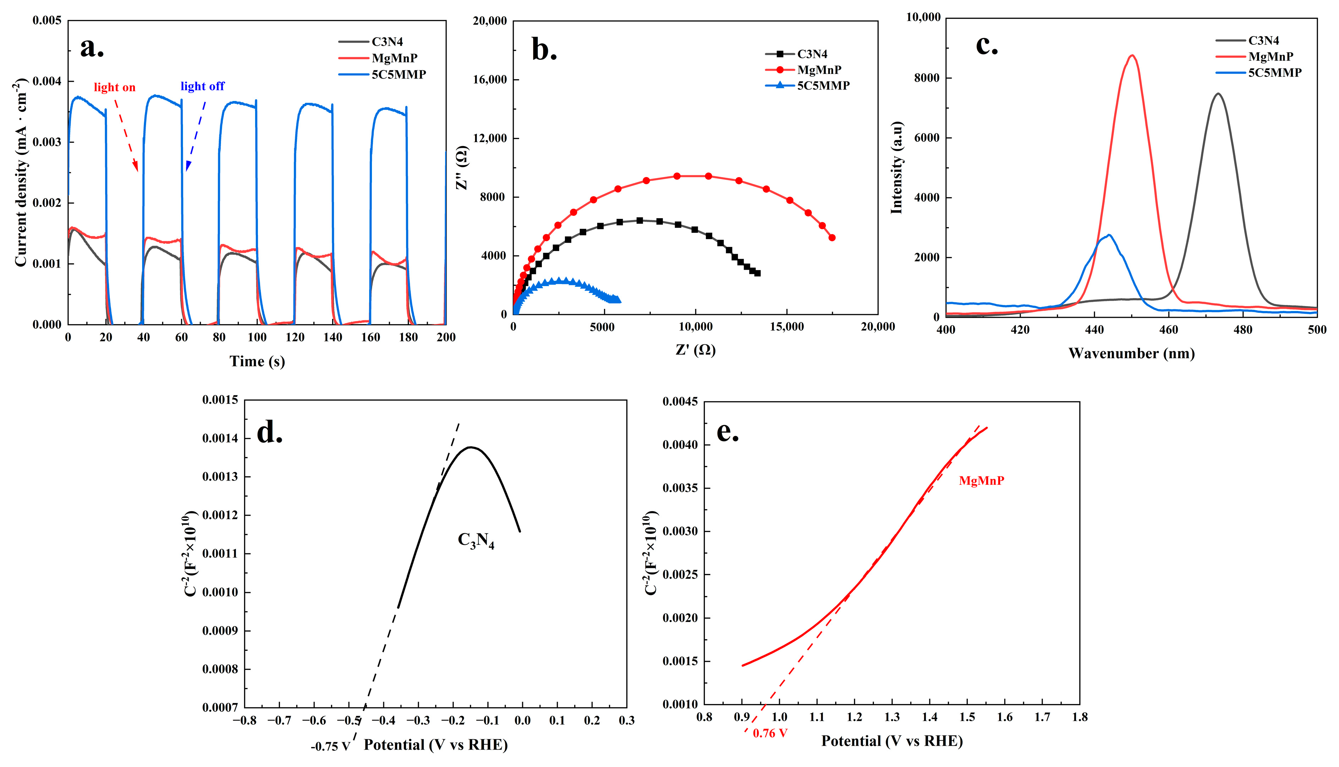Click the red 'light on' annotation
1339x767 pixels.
click(114, 87)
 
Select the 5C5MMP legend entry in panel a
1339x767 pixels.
click(398, 74)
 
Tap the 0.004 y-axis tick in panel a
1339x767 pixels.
click(47, 81)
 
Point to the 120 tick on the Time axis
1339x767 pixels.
click(295, 337)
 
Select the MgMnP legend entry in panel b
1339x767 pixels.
click(819, 70)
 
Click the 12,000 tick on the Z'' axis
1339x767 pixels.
click(489, 138)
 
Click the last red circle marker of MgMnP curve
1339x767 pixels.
click(832, 237)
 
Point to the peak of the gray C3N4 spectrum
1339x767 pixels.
click(1218, 94)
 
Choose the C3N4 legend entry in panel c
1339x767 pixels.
click(1263, 41)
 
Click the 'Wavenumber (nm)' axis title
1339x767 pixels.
click(1131, 354)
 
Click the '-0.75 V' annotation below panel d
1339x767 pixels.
click(330, 746)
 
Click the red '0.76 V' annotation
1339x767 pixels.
click(770, 733)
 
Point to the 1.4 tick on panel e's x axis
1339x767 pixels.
click(929, 717)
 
